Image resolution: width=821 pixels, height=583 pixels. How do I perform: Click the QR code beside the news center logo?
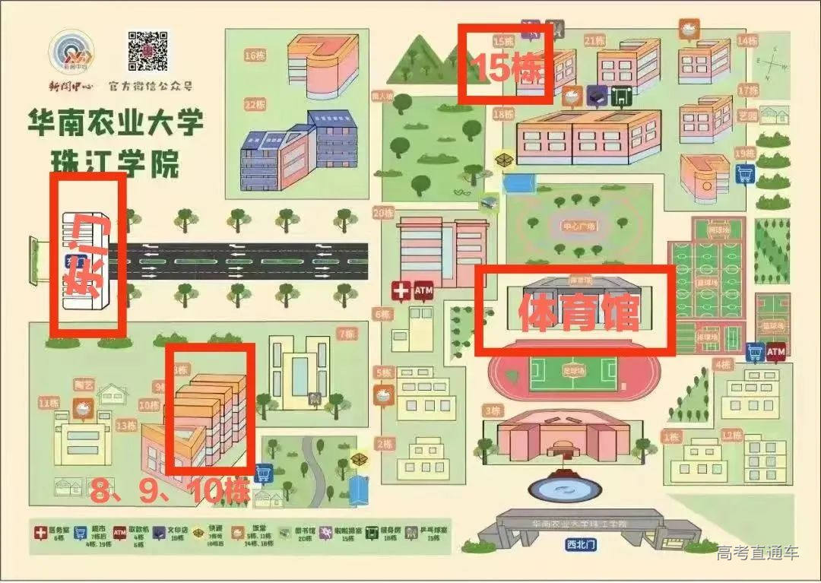147,51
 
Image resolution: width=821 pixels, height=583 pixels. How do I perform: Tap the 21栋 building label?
594,40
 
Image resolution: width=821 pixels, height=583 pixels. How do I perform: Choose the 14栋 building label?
747,40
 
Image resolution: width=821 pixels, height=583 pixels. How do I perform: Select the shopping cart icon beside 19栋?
745,174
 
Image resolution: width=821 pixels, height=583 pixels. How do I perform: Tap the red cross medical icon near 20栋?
400,290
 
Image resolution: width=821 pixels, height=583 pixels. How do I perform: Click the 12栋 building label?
731,435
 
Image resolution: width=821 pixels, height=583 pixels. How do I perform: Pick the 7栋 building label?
347,333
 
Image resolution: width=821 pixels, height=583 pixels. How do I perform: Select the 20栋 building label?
382,213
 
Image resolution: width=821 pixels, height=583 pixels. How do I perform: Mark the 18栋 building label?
503,114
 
